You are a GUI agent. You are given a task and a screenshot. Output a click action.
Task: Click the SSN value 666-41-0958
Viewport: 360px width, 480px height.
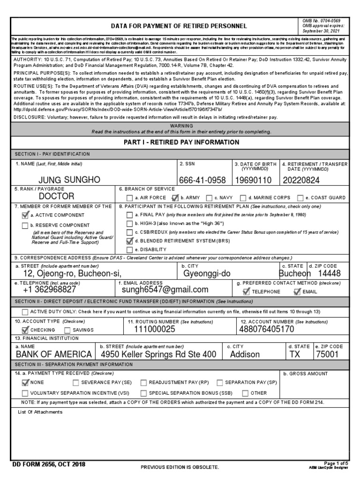coord(202,180)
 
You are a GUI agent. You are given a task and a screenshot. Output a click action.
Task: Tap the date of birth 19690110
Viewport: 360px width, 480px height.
coord(253,180)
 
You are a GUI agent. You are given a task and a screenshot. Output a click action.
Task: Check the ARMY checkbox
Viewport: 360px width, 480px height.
coord(176,198)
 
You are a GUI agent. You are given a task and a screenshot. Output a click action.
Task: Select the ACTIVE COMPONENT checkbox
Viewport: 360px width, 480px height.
coord(25,215)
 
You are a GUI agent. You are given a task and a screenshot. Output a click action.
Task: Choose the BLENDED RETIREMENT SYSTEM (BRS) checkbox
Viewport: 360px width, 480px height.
coord(129,241)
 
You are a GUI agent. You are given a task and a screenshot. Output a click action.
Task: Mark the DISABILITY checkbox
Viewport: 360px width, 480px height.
coord(129,250)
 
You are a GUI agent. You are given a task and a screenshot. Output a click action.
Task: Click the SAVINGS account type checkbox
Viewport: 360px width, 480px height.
coord(67,330)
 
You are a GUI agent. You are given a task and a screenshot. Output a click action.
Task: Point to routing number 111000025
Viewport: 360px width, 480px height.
coord(154,330)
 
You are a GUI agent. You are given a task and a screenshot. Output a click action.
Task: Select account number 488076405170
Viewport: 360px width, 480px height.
coord(267,330)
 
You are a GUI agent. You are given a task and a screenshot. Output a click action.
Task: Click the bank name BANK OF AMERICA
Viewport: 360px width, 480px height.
coord(54,354)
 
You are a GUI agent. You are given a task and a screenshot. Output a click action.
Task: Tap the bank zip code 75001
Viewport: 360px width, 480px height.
coord(327,354)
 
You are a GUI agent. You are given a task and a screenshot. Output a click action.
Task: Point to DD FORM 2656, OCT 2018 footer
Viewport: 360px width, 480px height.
coord(49,465)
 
